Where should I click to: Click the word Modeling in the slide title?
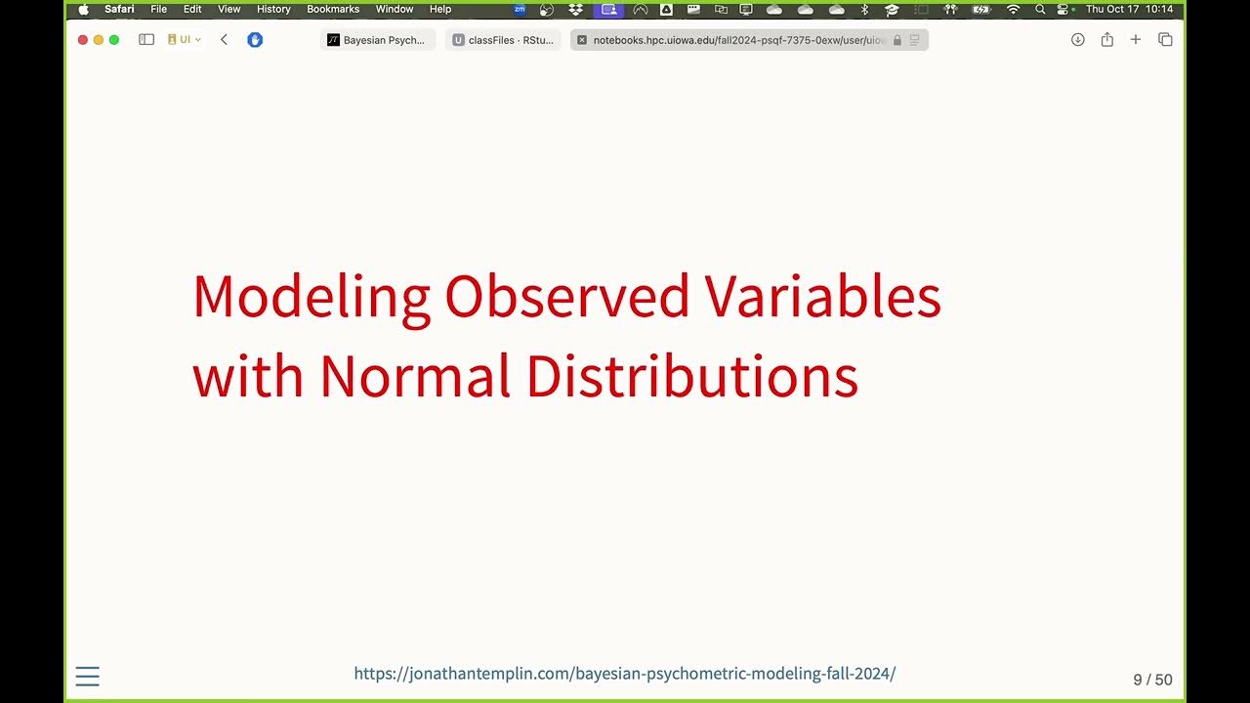[x=311, y=298]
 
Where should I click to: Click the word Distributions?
[x=692, y=376]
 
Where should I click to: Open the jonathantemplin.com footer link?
[x=624, y=674]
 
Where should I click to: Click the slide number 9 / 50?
[x=1152, y=680]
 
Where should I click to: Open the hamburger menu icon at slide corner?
[x=88, y=677]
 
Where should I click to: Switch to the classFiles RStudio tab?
[x=503, y=40]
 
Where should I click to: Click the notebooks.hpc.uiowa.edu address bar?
[x=739, y=40]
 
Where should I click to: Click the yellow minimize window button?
[x=98, y=40]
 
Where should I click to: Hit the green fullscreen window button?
[x=114, y=40]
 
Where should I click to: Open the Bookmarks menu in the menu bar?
[x=333, y=9]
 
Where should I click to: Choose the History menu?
[x=273, y=9]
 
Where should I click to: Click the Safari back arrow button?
[x=224, y=40]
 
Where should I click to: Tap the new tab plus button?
[x=1136, y=40]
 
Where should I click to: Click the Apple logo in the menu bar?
[x=83, y=9]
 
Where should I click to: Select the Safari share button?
[x=1106, y=40]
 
